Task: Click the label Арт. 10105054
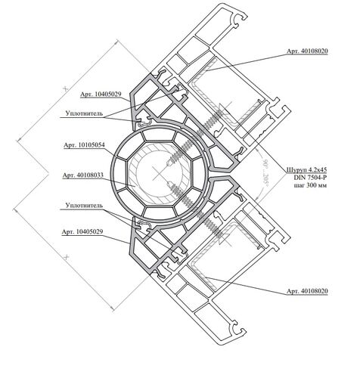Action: coord(84,145)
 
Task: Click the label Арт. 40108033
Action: coord(83,175)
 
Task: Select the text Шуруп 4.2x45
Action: coord(307,169)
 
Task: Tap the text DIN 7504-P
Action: coord(310,178)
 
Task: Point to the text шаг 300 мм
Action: coord(311,185)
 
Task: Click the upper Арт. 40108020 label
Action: coord(307,51)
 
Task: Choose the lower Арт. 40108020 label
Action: coord(307,291)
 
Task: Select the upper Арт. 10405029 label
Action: coord(101,94)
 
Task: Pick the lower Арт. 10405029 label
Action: coord(82,231)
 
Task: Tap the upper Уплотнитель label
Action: coord(84,113)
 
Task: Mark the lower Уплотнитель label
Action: coord(84,206)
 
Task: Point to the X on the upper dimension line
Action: coord(66,88)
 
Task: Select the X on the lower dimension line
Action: coord(67,257)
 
